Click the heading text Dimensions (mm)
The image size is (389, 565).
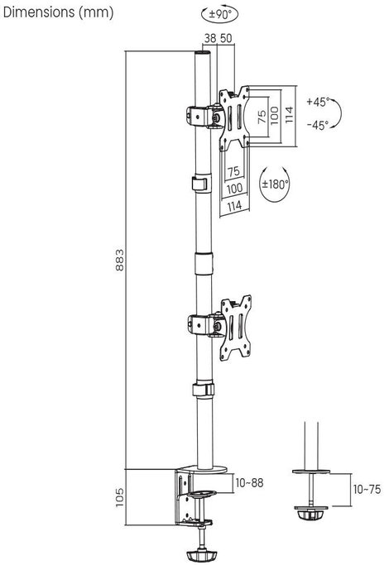[58, 12]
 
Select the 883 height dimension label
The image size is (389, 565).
[119, 260]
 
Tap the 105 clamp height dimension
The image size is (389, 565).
[119, 498]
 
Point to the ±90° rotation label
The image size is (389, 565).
[219, 14]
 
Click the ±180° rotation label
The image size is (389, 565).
[275, 184]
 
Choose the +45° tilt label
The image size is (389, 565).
[318, 102]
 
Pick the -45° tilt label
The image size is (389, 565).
[318, 125]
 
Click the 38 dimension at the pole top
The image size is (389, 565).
[210, 38]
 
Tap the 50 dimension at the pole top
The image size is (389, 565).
[226, 38]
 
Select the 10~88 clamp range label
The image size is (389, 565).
[249, 483]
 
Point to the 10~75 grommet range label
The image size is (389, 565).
[367, 490]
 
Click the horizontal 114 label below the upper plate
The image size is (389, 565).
[234, 206]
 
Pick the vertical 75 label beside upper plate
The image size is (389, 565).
[262, 117]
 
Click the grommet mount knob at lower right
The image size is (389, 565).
[311, 513]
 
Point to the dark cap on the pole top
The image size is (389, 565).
[202, 53]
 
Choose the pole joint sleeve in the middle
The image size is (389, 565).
[204, 264]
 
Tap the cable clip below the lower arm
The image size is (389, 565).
[204, 390]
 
